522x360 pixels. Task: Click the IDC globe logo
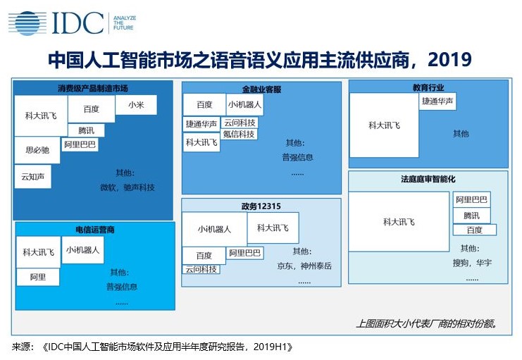click(27, 23)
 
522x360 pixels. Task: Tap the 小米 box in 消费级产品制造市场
click(136, 105)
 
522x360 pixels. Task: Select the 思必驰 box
click(37, 150)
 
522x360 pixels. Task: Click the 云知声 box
click(33, 177)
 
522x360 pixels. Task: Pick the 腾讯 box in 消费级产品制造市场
click(86, 130)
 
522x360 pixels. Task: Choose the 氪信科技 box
click(239, 135)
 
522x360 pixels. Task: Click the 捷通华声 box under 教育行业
click(437, 101)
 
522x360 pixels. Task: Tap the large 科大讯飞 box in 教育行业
click(384, 125)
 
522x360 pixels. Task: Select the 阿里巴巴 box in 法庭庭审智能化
click(471, 199)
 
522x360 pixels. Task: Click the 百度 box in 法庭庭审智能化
click(474, 230)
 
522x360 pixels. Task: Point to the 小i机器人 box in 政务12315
click(214, 229)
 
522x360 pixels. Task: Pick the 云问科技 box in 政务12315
click(201, 269)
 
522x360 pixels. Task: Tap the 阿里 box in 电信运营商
click(38, 277)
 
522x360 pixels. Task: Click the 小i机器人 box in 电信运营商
click(82, 250)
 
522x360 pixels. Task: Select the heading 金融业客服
click(261, 89)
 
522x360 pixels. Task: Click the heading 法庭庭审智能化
click(428, 179)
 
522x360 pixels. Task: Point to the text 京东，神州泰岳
click(304, 266)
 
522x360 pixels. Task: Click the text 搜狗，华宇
click(472, 263)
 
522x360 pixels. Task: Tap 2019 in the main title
click(449, 60)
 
